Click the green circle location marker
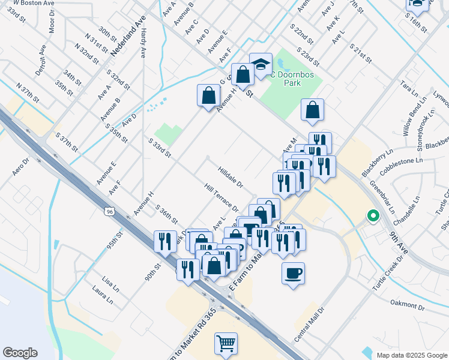(373, 215)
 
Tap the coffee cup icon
(293, 274)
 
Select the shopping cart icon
(226, 344)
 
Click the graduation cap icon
(261, 64)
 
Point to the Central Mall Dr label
(309, 325)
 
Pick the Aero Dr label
(21, 167)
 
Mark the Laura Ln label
(103, 295)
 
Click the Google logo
(20, 352)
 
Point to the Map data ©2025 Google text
(411, 355)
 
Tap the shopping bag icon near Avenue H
(208, 96)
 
